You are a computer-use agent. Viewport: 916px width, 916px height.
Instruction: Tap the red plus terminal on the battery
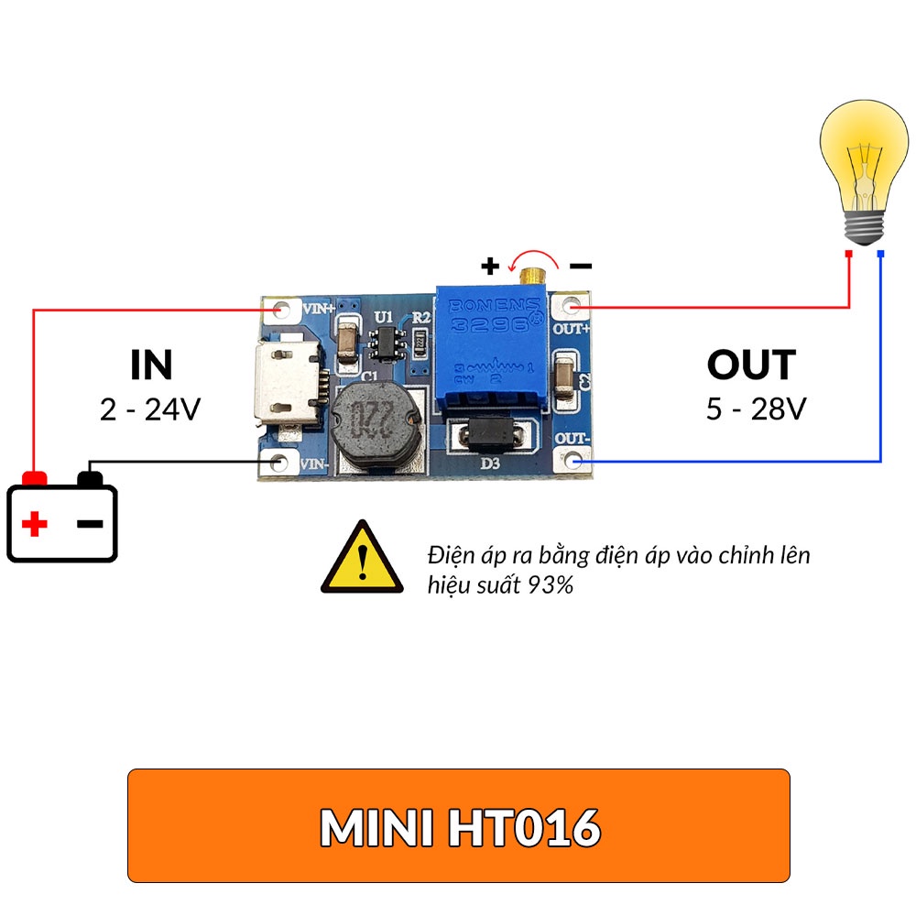pos(35,478)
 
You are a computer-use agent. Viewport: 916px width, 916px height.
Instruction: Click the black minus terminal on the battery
pos(91,478)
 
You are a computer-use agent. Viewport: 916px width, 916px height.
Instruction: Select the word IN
pos(151,365)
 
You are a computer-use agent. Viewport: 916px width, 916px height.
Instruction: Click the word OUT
pos(751,365)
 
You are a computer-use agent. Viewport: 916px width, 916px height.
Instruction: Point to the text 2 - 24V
pos(150,409)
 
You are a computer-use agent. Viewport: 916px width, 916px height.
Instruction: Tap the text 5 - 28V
pos(756,409)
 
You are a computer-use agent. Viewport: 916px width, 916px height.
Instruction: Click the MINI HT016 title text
pos(460,828)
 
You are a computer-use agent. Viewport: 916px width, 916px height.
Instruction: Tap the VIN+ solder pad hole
pos(281,309)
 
